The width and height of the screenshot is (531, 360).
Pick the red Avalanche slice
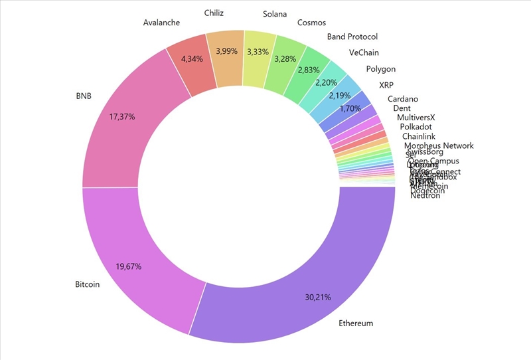[191, 63]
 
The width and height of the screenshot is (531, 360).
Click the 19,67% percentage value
[129, 266]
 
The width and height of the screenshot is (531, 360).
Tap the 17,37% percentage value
[122, 117]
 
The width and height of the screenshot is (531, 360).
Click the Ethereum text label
[356, 323]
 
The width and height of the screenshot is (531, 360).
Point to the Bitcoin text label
[87, 284]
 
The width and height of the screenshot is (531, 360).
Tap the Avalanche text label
[161, 23]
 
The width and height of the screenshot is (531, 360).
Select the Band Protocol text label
[352, 37]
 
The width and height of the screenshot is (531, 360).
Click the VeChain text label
[365, 52]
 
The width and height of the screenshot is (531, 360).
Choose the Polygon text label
[380, 69]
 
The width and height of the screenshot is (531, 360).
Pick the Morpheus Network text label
[439, 145]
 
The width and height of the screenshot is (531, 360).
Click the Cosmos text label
[311, 23]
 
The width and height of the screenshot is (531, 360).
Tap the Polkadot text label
[416, 126]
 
